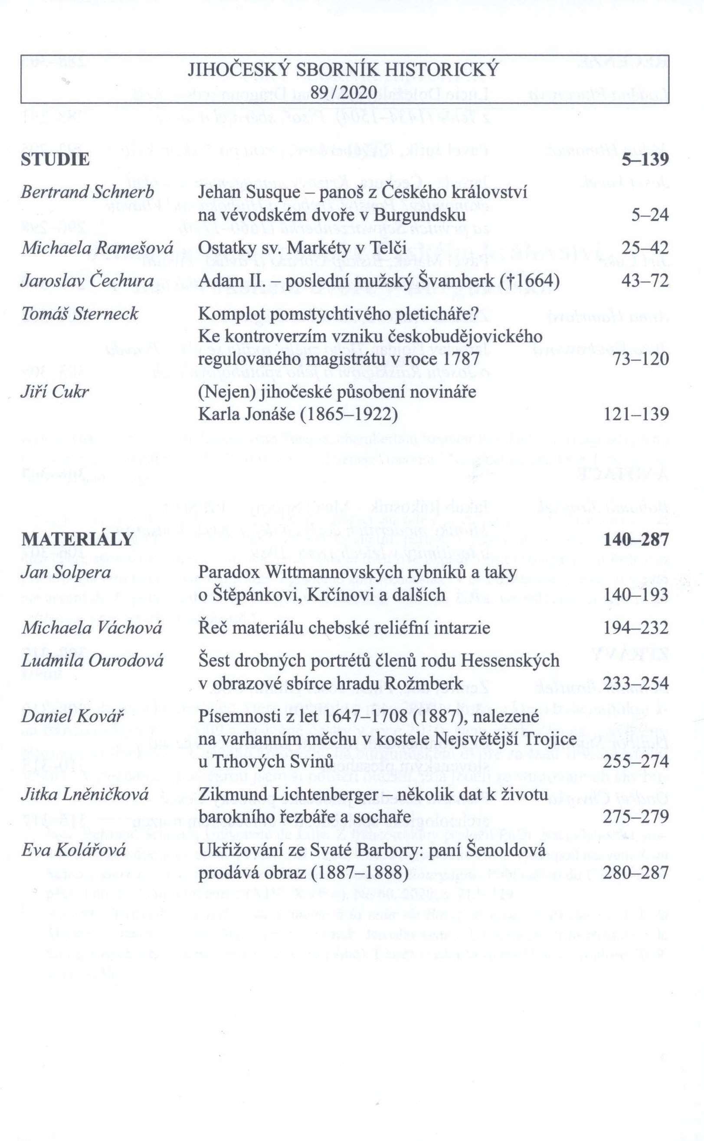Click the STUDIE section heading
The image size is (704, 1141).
56,160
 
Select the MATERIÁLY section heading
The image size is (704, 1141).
77,539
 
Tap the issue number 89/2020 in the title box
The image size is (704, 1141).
344,93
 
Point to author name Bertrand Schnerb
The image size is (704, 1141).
88,192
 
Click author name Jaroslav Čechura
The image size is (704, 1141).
88,281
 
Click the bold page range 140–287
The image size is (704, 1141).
636,539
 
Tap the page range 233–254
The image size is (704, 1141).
636,683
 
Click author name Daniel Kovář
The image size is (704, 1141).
72,716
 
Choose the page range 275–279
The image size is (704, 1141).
636,817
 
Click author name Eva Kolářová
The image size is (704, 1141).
74,850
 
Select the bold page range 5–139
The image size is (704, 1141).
645,160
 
